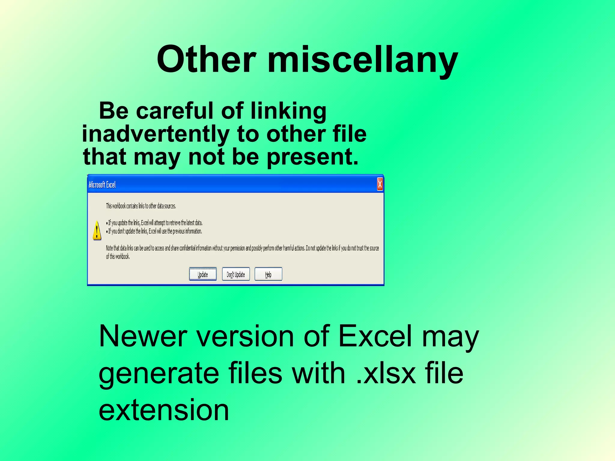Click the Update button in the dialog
203,274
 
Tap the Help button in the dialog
268,274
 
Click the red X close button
380,184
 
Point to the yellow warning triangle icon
97,231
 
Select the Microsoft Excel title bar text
102,185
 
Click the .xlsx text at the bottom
386,373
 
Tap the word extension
164,410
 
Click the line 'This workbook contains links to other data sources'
141,206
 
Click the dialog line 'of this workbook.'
118,257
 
